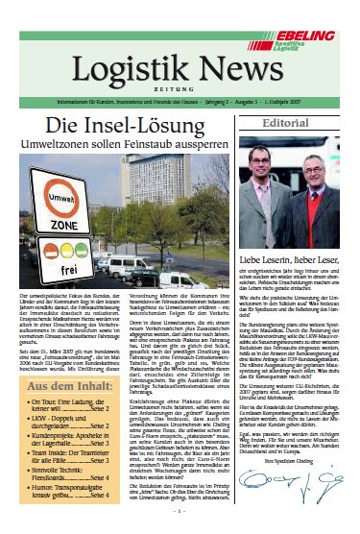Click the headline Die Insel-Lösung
(122, 127)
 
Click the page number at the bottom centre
(180, 523)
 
